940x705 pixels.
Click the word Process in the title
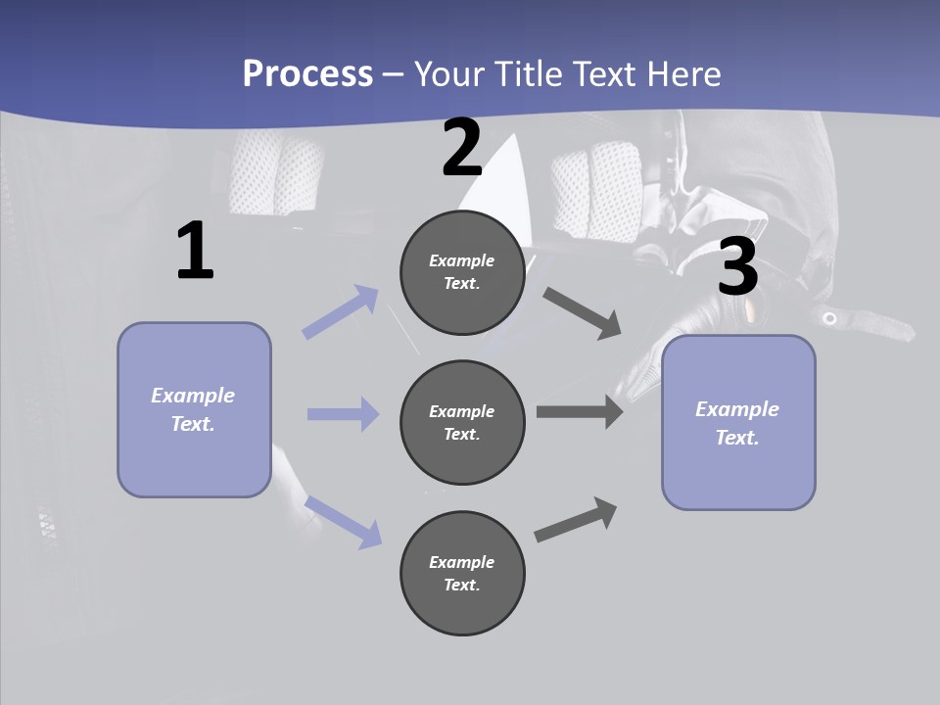click(x=307, y=74)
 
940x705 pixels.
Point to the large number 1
click(x=195, y=252)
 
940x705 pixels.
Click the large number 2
click(x=462, y=148)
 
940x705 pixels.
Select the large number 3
click(x=737, y=266)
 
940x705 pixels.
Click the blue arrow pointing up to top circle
click(x=341, y=311)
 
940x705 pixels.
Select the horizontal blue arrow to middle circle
click(x=343, y=414)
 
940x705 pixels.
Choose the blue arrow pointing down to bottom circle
click(x=343, y=521)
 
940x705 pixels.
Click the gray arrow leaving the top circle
click(x=583, y=312)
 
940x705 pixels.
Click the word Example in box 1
click(x=193, y=396)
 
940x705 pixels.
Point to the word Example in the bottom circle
click(x=462, y=562)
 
